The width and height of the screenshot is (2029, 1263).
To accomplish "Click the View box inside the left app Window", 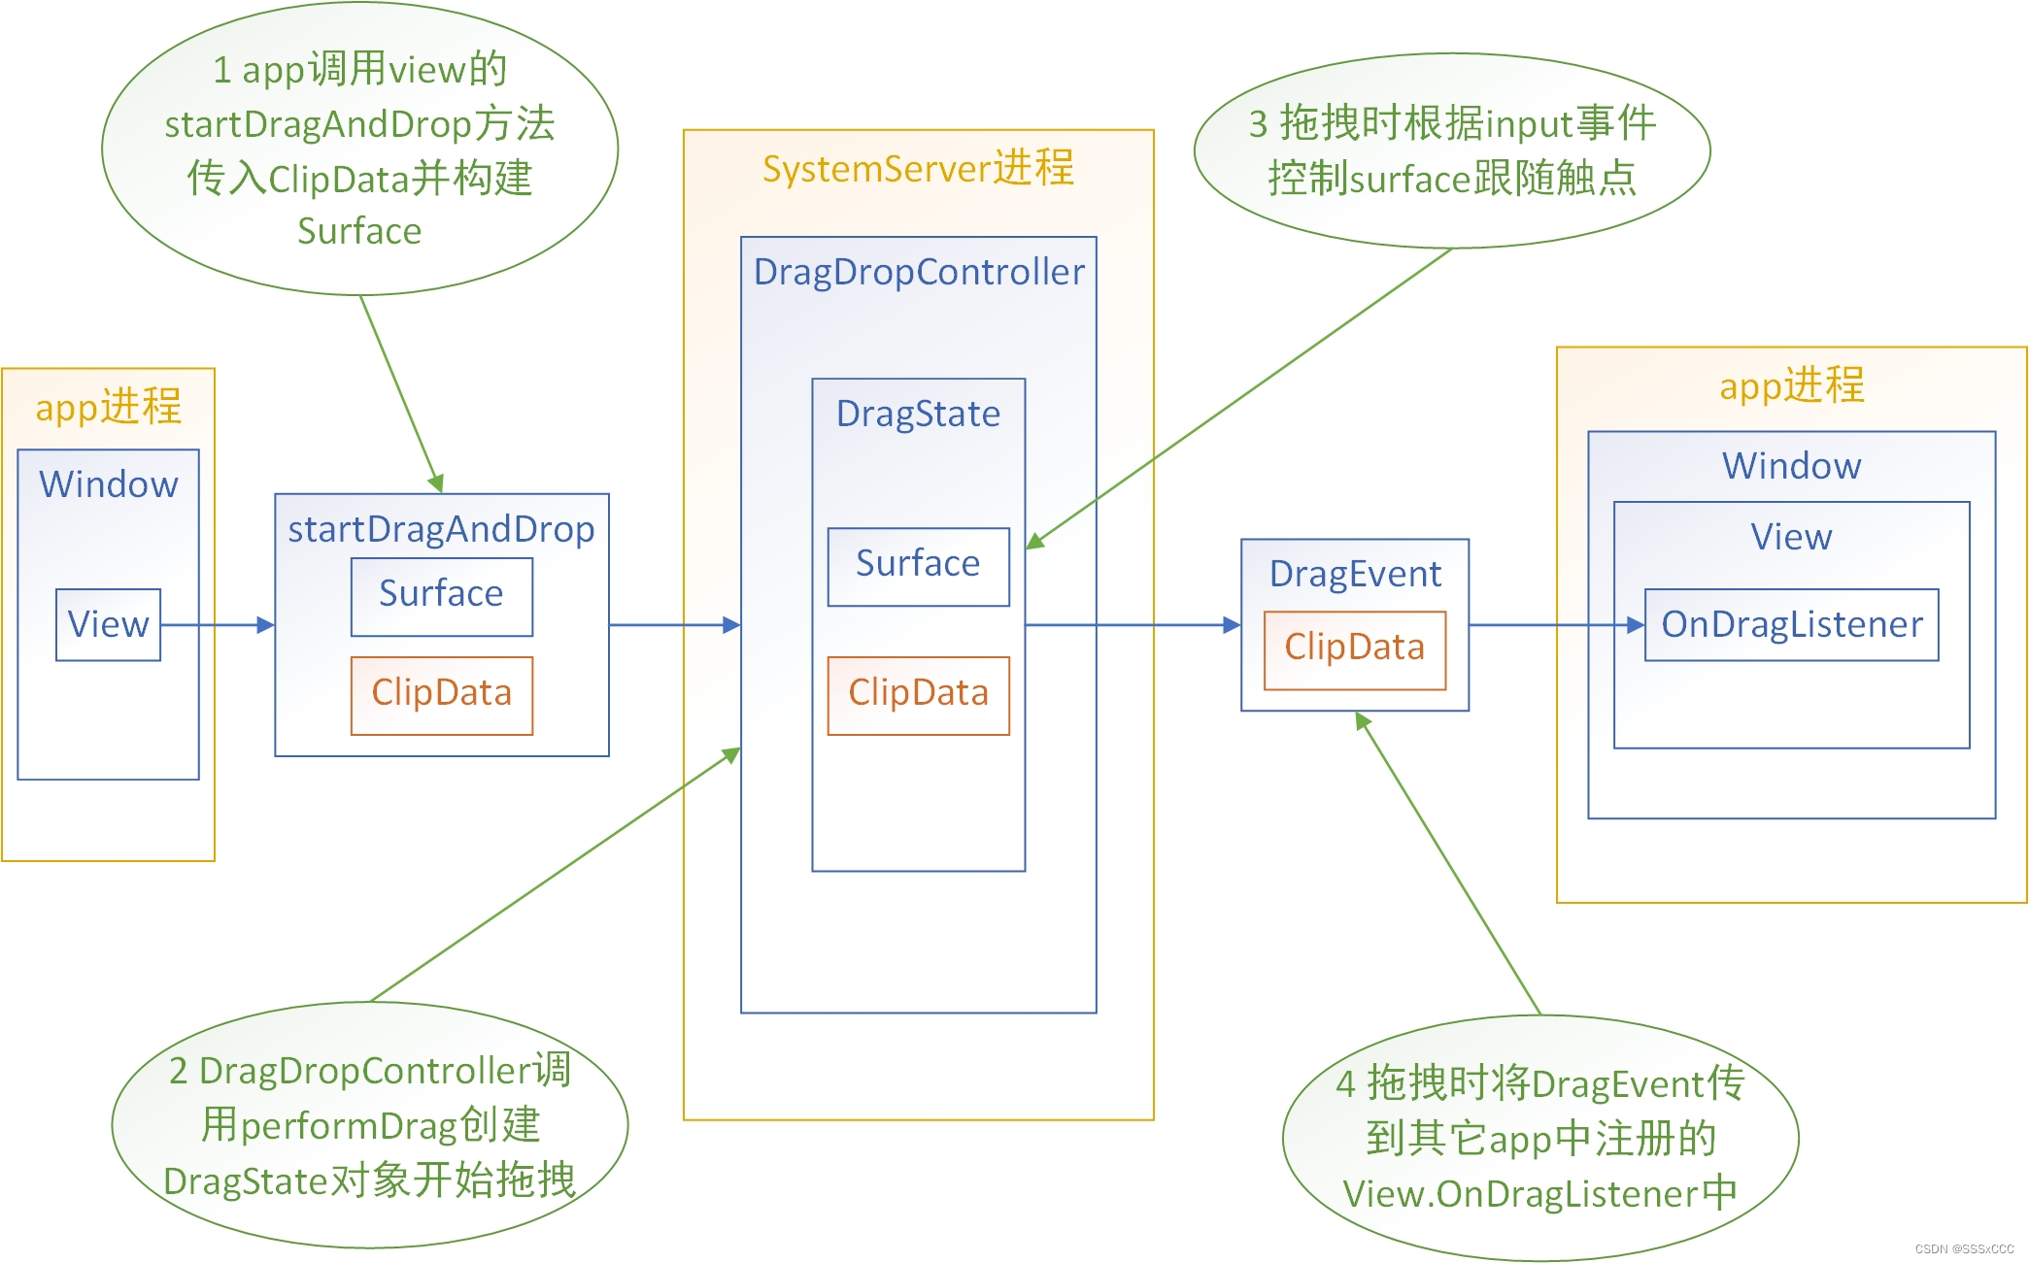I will [108, 625].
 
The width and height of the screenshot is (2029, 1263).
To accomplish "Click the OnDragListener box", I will [1791, 625].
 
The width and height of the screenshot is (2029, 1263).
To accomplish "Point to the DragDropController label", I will [918, 273].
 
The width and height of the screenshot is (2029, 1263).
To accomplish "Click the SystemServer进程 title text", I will [918, 169].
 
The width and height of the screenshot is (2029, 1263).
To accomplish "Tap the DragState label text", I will [918, 415].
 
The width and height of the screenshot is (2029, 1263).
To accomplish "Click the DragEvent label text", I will [1355, 575].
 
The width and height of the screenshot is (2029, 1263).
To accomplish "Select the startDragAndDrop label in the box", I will [441, 530].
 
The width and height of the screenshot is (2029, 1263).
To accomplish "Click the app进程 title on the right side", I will [1791, 386].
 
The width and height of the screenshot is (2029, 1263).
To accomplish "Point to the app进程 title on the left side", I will [108, 407].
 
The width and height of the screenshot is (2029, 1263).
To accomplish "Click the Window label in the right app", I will [1791, 467].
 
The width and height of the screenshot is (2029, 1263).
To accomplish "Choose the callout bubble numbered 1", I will [359, 149].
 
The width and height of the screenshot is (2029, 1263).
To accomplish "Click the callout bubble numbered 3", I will [1451, 150].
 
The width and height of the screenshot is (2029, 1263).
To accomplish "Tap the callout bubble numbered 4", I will [1539, 1138].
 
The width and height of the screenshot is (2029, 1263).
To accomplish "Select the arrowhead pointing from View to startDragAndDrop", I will [265, 625].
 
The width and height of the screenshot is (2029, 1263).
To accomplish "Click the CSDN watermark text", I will [1963, 1249].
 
